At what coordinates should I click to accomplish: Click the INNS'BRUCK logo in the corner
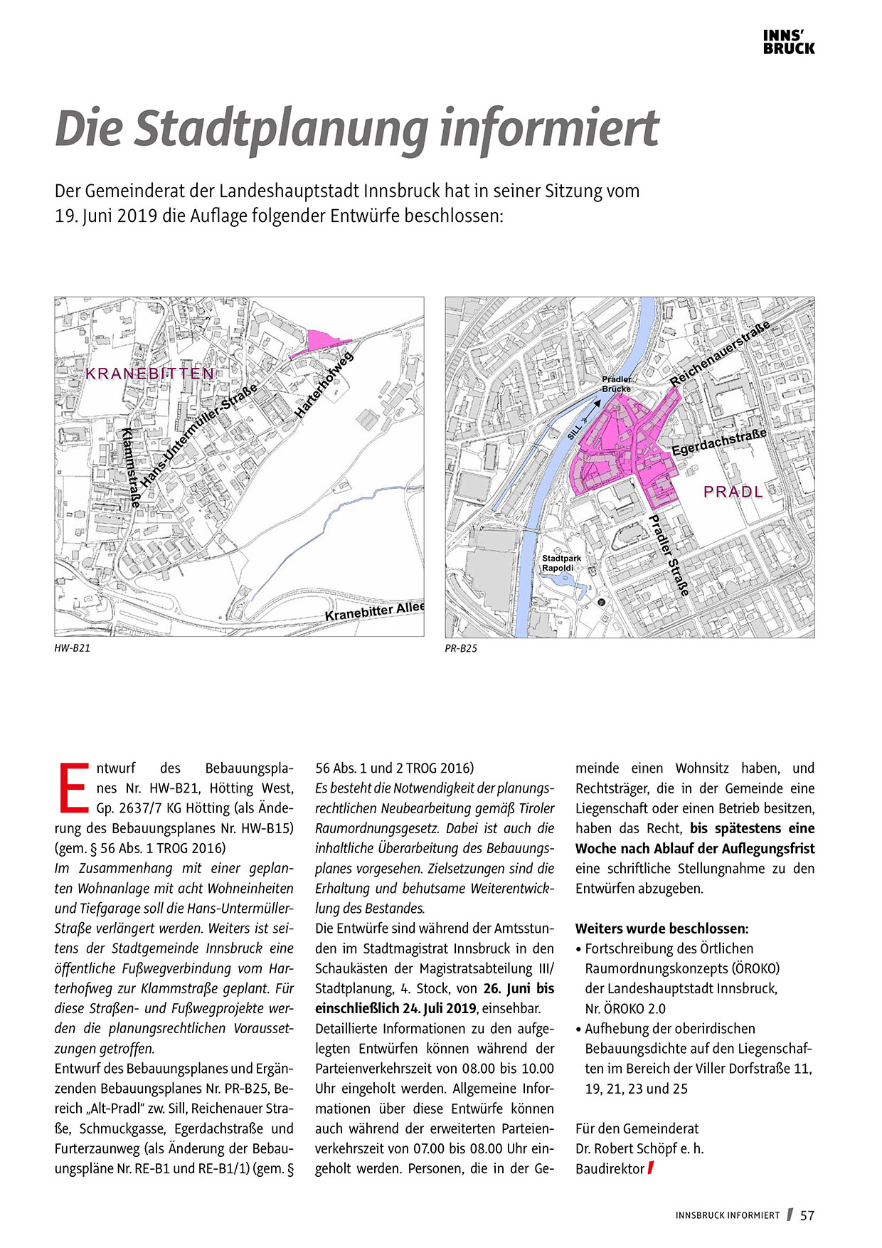point(789,43)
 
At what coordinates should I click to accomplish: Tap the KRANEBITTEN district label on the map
point(149,374)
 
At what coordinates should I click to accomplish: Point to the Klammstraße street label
point(131,467)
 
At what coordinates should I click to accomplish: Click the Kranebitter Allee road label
point(375,610)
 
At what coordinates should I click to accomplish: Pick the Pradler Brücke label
point(616,384)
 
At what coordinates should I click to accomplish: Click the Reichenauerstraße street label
point(719,354)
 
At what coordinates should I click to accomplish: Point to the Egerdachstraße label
point(719,443)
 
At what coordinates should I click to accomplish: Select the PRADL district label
point(733,492)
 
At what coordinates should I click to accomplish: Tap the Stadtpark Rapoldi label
point(561,564)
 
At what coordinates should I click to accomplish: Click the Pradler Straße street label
point(669,555)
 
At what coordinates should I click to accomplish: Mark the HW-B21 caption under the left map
point(73,648)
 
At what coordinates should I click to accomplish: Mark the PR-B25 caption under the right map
point(461,648)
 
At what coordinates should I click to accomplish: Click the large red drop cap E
point(73,788)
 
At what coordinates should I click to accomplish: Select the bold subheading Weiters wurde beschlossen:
point(661,929)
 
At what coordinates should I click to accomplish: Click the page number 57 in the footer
point(807,1215)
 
